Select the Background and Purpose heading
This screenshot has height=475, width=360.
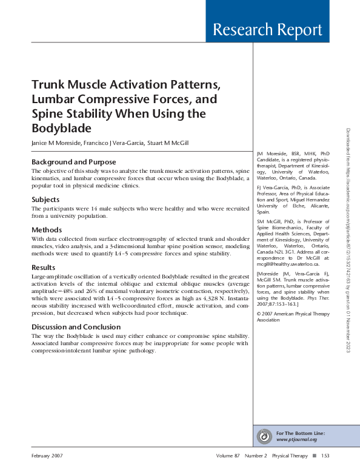73,162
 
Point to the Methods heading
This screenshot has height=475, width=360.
47,230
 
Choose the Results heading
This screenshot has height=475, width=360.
44,267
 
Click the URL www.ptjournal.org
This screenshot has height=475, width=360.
296,439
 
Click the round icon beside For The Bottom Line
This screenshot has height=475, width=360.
264,436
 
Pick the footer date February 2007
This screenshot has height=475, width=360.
47,456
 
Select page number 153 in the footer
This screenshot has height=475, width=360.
325,456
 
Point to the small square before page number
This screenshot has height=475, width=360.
313,456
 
